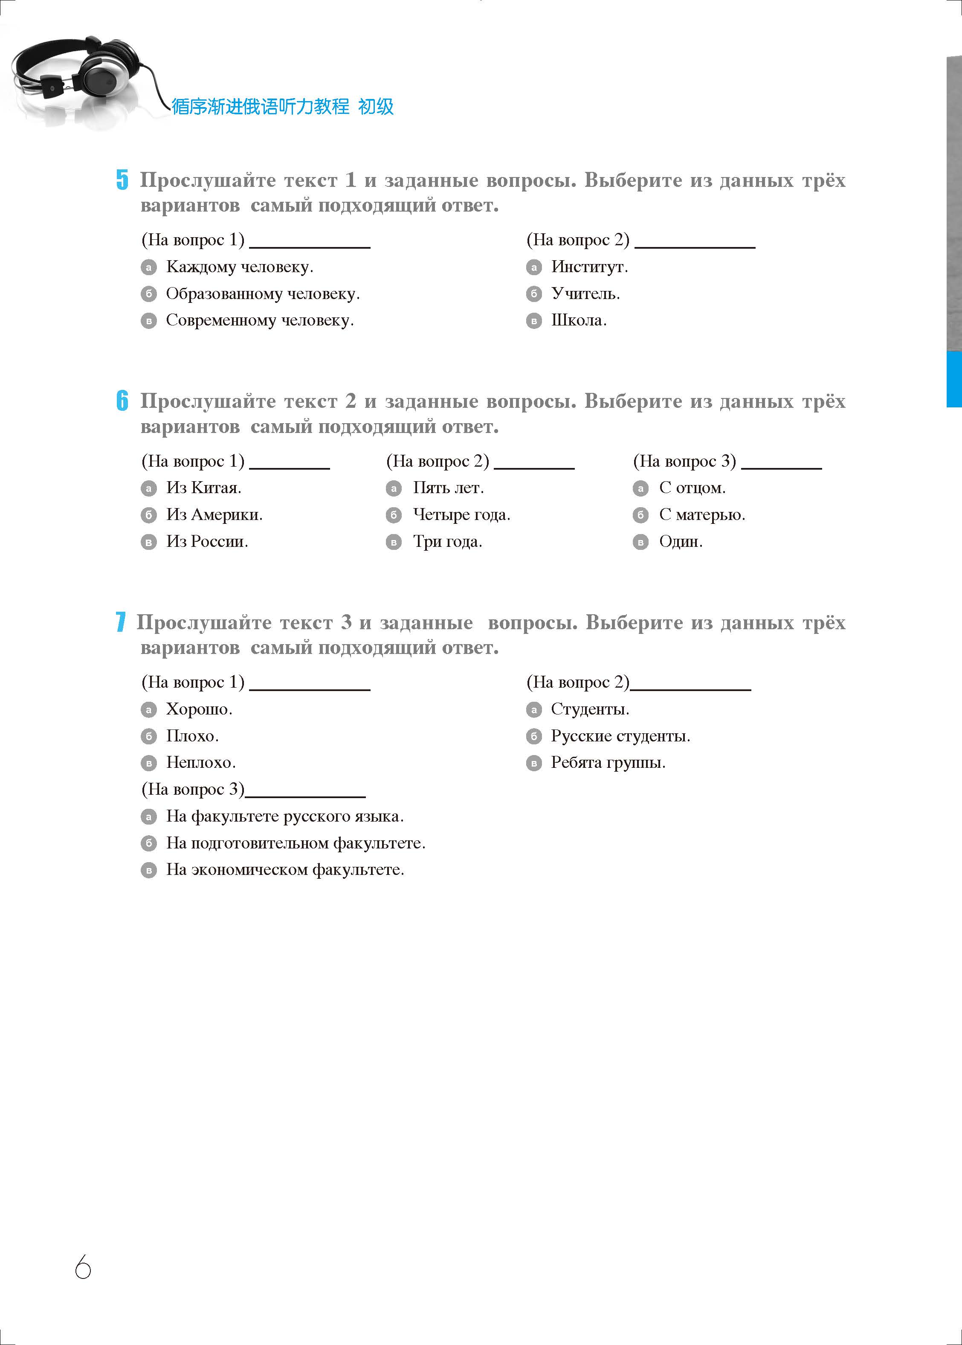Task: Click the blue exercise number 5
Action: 122,180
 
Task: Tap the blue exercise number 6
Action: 122,401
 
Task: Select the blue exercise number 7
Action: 121,622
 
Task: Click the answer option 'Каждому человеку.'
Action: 239,267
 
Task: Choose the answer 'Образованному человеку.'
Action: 262,294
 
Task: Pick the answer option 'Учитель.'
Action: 585,294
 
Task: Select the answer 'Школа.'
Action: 578,320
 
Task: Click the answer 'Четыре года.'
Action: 461,515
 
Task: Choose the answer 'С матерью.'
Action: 701,515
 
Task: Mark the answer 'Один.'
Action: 680,542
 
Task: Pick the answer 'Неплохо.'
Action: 200,763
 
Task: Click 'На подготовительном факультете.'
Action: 295,843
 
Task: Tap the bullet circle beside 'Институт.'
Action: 534,268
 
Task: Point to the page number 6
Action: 83,1267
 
